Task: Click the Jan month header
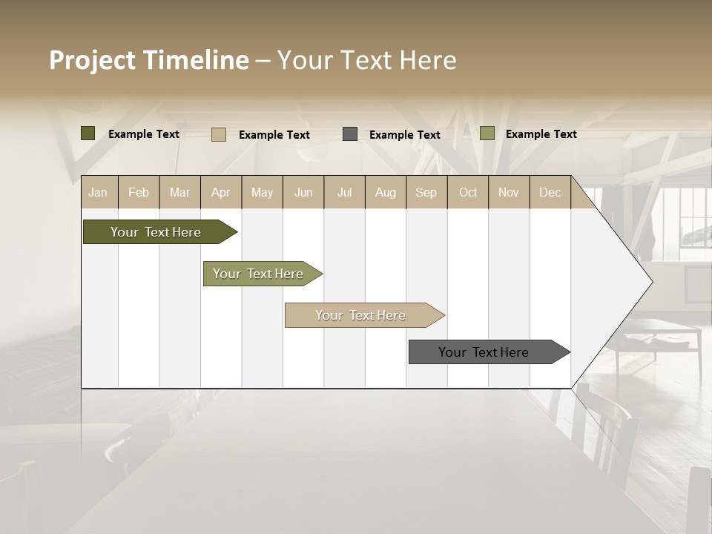click(98, 192)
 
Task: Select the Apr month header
click(220, 192)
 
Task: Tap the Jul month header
click(344, 192)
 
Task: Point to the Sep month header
click(426, 192)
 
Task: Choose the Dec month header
click(550, 192)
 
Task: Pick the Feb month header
click(139, 192)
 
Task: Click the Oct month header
click(468, 192)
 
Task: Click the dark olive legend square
click(88, 133)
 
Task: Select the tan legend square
click(218, 134)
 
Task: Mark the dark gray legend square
click(350, 134)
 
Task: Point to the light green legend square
click(487, 133)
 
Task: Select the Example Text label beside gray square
click(404, 135)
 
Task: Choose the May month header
click(262, 192)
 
